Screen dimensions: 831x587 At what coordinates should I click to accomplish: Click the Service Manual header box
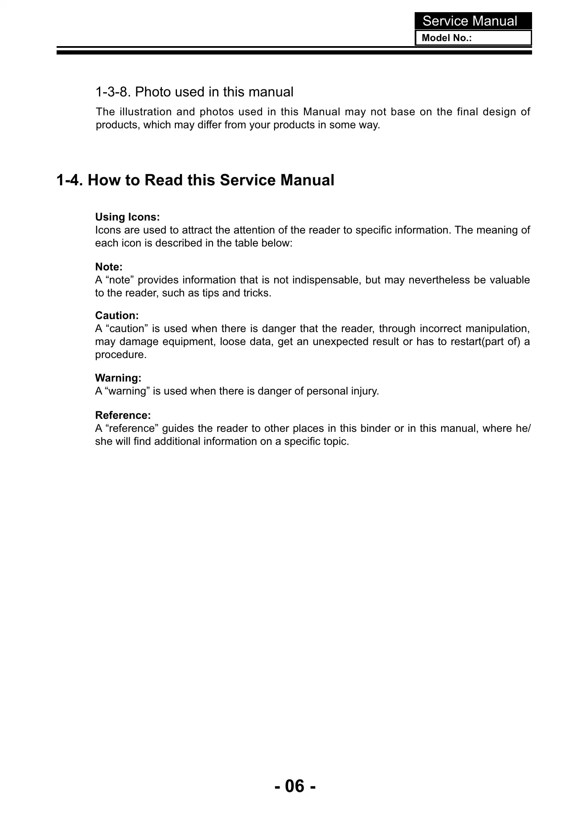[473, 21]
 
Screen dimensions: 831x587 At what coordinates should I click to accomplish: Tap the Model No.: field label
[447, 38]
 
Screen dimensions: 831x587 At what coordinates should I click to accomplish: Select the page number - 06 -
[295, 786]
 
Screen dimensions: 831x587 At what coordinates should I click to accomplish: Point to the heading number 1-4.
[70, 180]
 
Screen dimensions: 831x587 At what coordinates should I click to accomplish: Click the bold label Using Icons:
[127, 217]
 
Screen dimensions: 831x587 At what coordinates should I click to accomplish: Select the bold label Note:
[109, 267]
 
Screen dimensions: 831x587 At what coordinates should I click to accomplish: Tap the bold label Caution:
[117, 315]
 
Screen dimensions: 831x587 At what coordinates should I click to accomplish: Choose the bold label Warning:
[118, 378]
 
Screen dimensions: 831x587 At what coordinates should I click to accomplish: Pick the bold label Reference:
[123, 415]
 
